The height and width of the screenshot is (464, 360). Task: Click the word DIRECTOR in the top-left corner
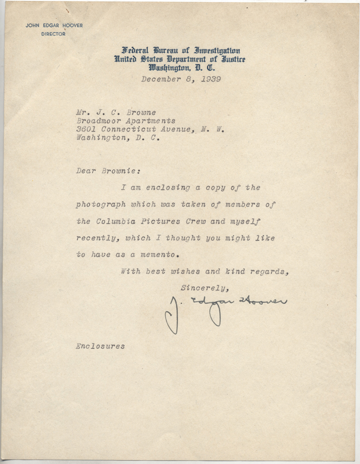pos(53,34)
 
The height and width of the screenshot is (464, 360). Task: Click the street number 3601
pos(86,129)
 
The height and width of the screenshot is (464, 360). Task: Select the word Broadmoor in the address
pos(96,121)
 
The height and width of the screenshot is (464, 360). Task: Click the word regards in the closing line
pos(266,272)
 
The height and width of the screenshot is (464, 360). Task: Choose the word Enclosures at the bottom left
pos(100,346)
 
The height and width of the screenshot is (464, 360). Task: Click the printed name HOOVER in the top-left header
pos(72,26)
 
